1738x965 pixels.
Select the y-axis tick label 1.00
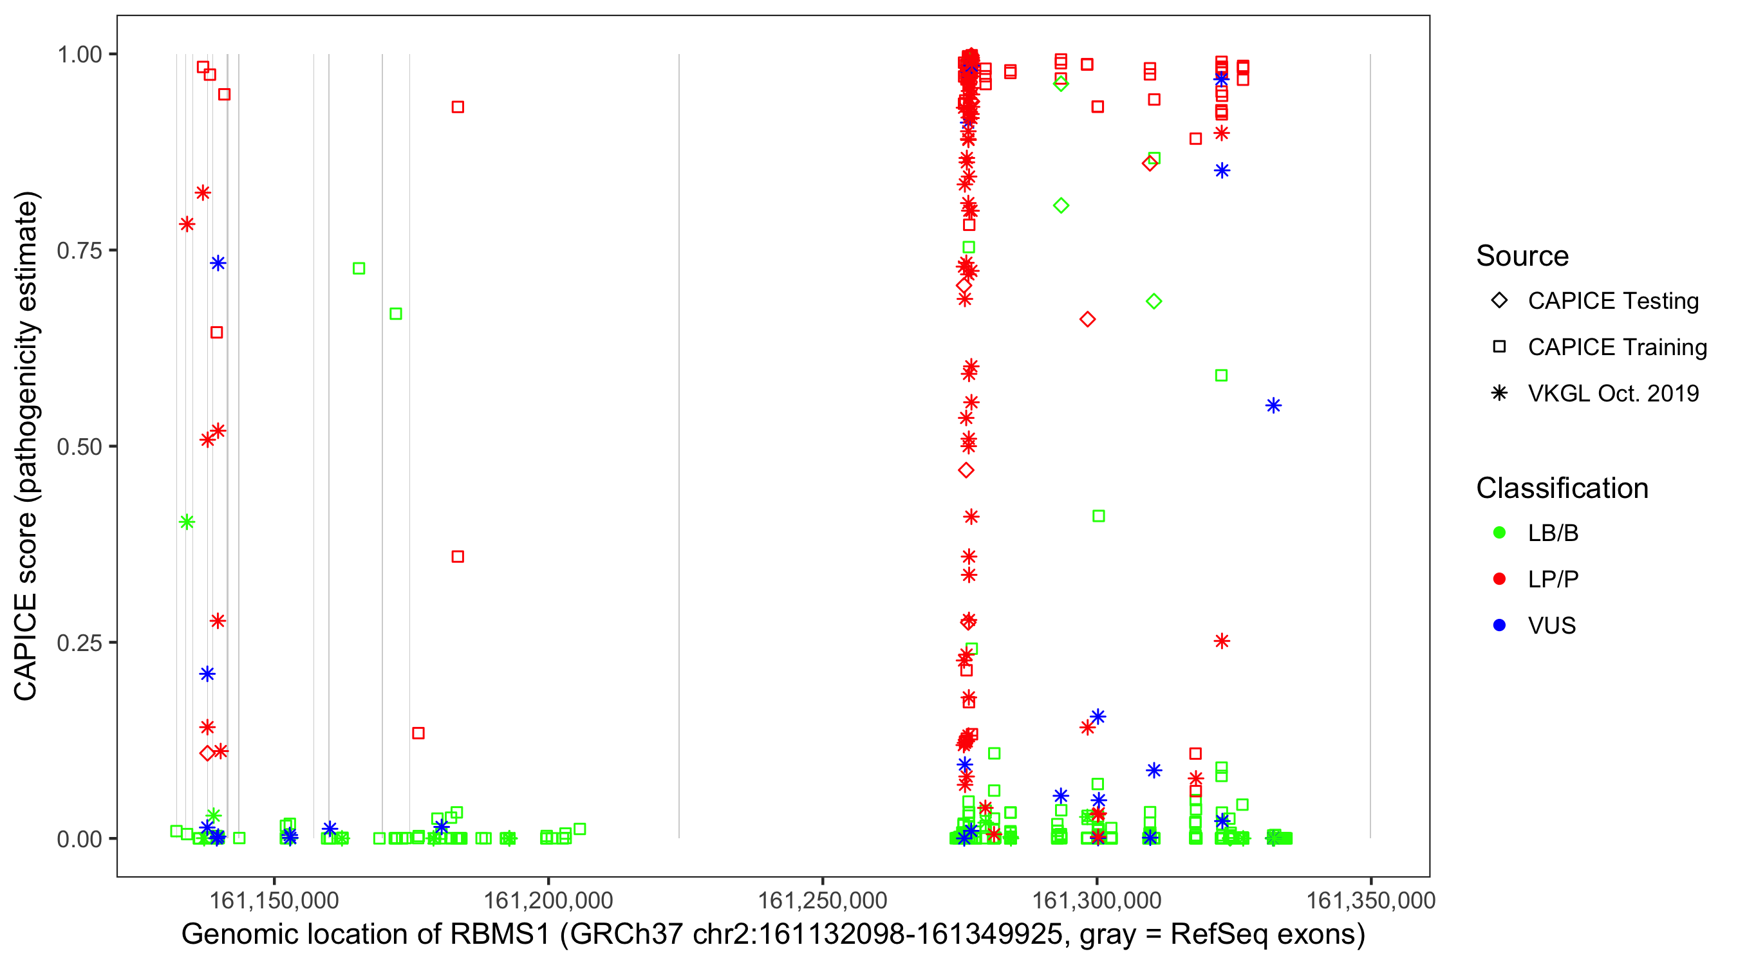click(79, 55)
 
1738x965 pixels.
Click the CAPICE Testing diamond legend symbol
click(1499, 301)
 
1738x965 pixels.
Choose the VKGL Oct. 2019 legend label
click(1613, 393)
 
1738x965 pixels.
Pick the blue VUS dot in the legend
click(1499, 625)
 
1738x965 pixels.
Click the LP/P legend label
click(1553, 579)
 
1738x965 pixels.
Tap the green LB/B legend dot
click(1499, 533)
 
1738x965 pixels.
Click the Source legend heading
click(1522, 256)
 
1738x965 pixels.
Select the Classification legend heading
click(1562, 488)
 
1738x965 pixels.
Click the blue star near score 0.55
click(1273, 405)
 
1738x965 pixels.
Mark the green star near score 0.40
click(187, 522)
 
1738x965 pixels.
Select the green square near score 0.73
click(359, 268)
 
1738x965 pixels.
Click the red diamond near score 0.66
click(1087, 319)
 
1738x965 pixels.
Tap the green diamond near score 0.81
click(1061, 206)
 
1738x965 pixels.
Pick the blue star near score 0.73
click(218, 263)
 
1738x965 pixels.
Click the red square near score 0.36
click(458, 556)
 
